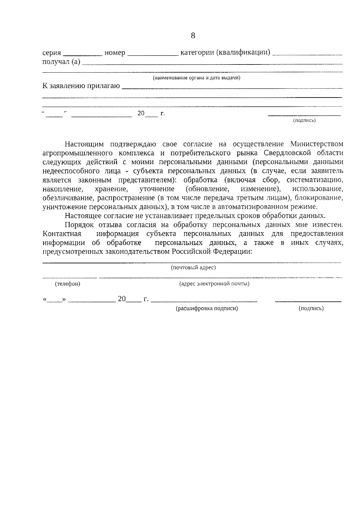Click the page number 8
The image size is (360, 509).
(x=193, y=36)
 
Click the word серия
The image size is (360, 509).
(x=52, y=53)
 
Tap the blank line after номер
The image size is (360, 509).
(x=152, y=55)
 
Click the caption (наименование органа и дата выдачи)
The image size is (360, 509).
(x=196, y=78)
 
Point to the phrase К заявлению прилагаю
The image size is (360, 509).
(x=81, y=86)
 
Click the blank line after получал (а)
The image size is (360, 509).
(x=212, y=64)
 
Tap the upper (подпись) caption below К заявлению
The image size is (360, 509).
(x=304, y=121)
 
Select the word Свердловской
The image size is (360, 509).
(x=287, y=153)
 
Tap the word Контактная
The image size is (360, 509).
(x=62, y=234)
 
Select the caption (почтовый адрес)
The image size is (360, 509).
(x=193, y=268)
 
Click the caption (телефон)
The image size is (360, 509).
(x=67, y=284)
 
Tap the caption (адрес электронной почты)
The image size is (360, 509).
(x=214, y=284)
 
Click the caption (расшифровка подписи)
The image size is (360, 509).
(x=207, y=308)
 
